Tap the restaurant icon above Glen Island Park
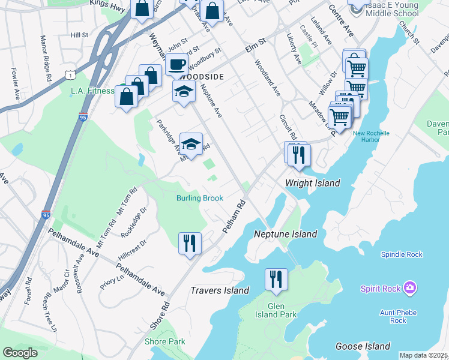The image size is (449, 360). point(276,280)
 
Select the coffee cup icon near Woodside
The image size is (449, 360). point(176,64)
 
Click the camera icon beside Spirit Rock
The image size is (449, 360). point(410,289)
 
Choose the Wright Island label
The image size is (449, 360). point(312,183)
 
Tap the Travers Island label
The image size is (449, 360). point(220,290)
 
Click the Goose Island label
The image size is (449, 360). point(363,346)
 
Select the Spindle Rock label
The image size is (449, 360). point(402,254)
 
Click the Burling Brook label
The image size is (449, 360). point(200,198)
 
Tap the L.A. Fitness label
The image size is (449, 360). point(92,91)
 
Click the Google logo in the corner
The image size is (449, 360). point(20,352)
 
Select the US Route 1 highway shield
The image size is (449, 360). point(71,74)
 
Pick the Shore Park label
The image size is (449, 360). point(164,341)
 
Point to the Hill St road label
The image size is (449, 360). point(79,35)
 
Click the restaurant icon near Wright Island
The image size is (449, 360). point(298,155)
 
